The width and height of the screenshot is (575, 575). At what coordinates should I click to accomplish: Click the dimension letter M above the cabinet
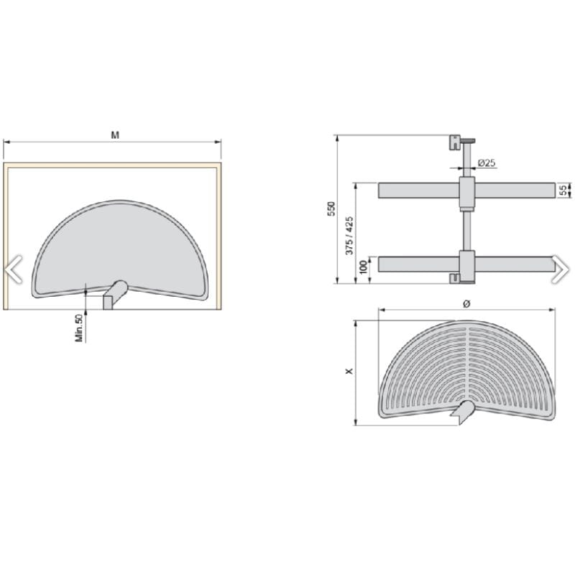tap(115, 135)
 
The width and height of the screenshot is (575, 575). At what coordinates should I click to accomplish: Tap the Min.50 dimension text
tap(79, 328)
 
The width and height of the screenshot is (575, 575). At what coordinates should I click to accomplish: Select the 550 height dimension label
tap(331, 208)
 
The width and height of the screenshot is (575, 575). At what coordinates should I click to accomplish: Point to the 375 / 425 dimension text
tap(349, 236)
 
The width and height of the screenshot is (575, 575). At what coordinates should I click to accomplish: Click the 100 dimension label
tap(364, 267)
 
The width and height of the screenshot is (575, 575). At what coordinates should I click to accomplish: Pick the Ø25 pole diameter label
tap(487, 163)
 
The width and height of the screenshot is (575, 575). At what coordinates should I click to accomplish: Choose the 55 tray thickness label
tap(563, 190)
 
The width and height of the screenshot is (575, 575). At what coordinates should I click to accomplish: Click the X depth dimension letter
tap(349, 371)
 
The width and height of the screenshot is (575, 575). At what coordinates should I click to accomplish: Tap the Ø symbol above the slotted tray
tap(466, 303)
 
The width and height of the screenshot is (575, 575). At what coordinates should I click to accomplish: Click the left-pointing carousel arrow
tap(14, 270)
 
